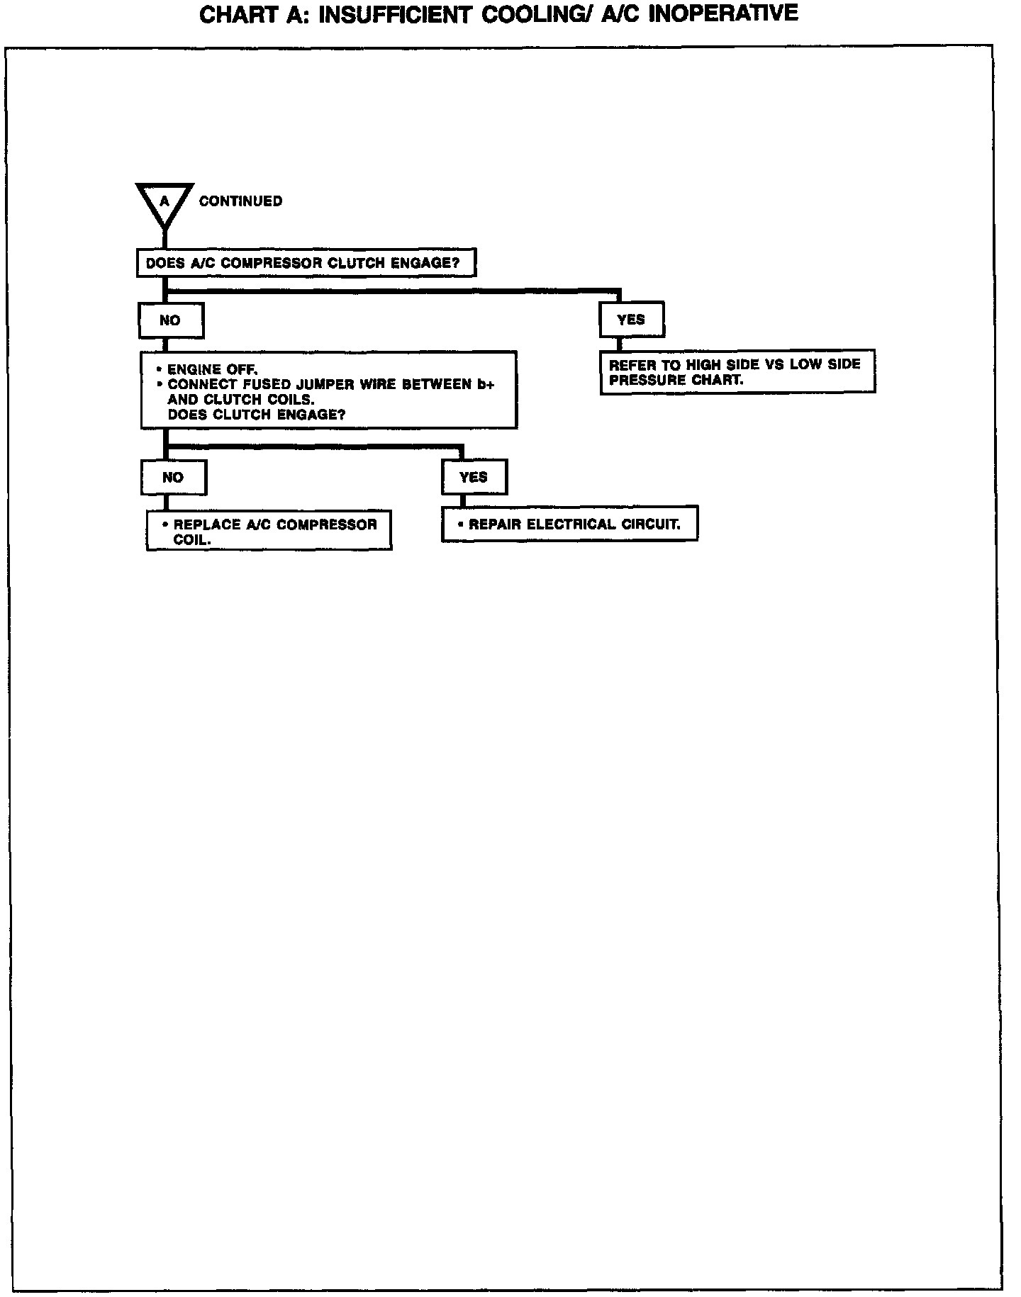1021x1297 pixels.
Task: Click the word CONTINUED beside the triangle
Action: point(240,201)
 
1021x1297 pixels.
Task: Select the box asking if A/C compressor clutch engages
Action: point(305,263)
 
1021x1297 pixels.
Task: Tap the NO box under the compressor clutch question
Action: point(171,320)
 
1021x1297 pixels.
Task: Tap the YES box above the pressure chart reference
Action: point(631,320)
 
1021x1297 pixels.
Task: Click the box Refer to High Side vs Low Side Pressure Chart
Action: point(737,371)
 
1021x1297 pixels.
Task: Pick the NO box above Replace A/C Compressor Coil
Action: point(174,477)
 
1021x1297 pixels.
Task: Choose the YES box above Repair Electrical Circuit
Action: point(474,477)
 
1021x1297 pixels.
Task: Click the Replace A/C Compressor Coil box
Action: point(269,531)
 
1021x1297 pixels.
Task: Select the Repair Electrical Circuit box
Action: point(569,524)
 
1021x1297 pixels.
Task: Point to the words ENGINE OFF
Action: point(212,369)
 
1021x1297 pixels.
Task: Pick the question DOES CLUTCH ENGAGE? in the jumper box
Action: point(257,415)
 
